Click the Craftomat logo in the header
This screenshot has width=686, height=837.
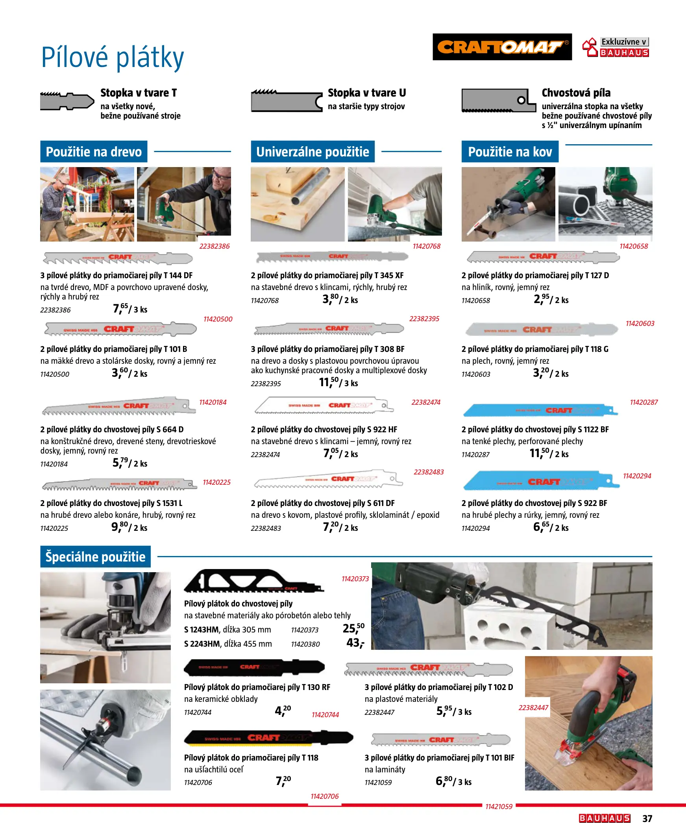(x=502, y=46)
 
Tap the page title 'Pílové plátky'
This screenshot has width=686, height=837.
(x=113, y=58)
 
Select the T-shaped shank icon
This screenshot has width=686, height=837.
(x=67, y=101)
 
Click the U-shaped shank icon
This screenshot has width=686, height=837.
(x=287, y=101)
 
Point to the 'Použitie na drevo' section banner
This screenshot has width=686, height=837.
(x=94, y=151)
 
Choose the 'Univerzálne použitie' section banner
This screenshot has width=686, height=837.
(x=312, y=151)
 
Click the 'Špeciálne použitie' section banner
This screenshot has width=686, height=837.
(x=95, y=556)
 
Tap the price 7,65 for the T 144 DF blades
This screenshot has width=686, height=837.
(x=120, y=308)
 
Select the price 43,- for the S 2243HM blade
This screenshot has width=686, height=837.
(x=355, y=643)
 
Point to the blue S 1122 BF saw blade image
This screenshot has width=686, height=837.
(x=540, y=410)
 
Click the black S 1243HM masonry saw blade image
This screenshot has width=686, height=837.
(x=254, y=581)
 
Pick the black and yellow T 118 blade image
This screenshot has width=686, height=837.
(x=268, y=738)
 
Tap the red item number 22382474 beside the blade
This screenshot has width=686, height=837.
(x=425, y=402)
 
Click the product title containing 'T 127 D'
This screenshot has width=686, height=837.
(x=535, y=275)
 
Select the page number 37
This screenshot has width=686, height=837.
(x=647, y=818)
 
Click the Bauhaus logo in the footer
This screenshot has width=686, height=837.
(x=604, y=818)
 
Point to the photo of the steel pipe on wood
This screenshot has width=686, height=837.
(x=297, y=204)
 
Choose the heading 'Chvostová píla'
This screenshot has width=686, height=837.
(x=576, y=93)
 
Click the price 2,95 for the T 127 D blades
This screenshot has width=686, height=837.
(x=542, y=299)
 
